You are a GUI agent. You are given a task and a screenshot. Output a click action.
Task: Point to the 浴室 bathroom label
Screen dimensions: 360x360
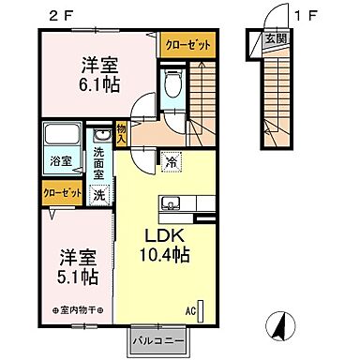point(58,160)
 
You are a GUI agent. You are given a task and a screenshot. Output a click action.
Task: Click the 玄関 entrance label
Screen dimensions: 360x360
point(274,37)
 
